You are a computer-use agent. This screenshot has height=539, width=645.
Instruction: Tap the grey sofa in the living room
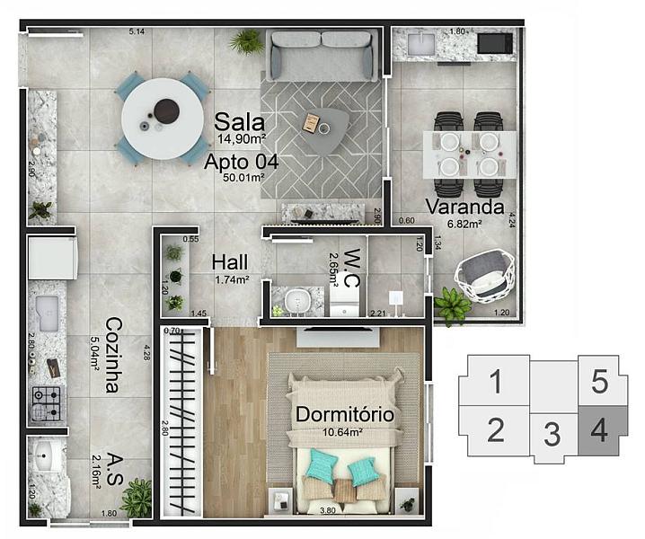point(322,56)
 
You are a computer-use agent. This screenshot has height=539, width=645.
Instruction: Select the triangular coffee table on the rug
point(322,128)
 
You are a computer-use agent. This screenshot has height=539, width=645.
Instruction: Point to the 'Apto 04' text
point(240,163)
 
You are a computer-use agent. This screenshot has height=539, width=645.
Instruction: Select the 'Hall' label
point(231,262)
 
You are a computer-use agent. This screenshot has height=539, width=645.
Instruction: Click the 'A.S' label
point(113,467)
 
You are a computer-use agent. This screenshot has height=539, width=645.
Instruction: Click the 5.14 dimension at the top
point(137,31)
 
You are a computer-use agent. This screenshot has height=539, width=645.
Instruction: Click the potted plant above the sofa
point(245,40)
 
